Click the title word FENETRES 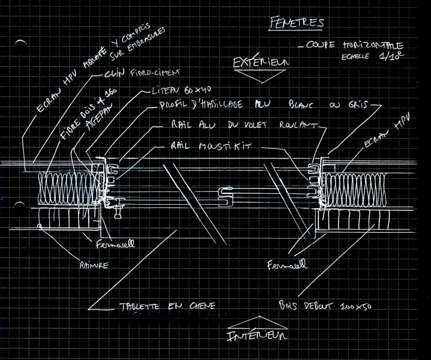click(296, 23)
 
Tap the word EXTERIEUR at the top click(261, 61)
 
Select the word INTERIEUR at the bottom click(257, 336)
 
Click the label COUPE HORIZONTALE click(354, 46)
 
